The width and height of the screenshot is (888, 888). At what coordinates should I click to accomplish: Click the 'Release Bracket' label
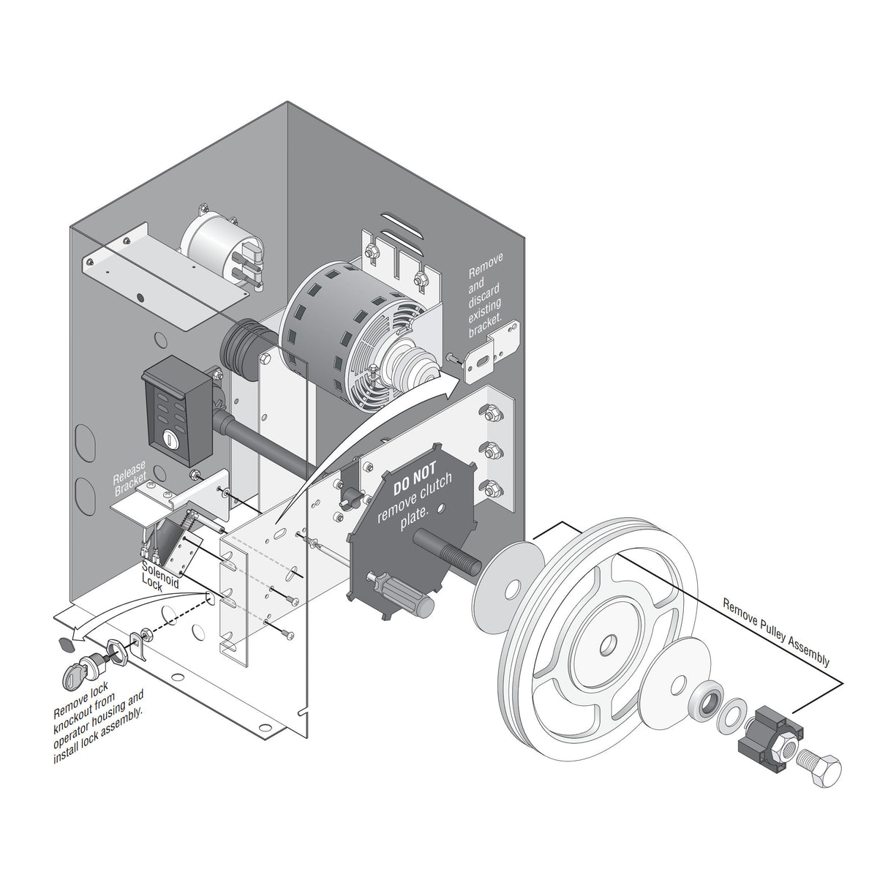click(131, 478)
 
